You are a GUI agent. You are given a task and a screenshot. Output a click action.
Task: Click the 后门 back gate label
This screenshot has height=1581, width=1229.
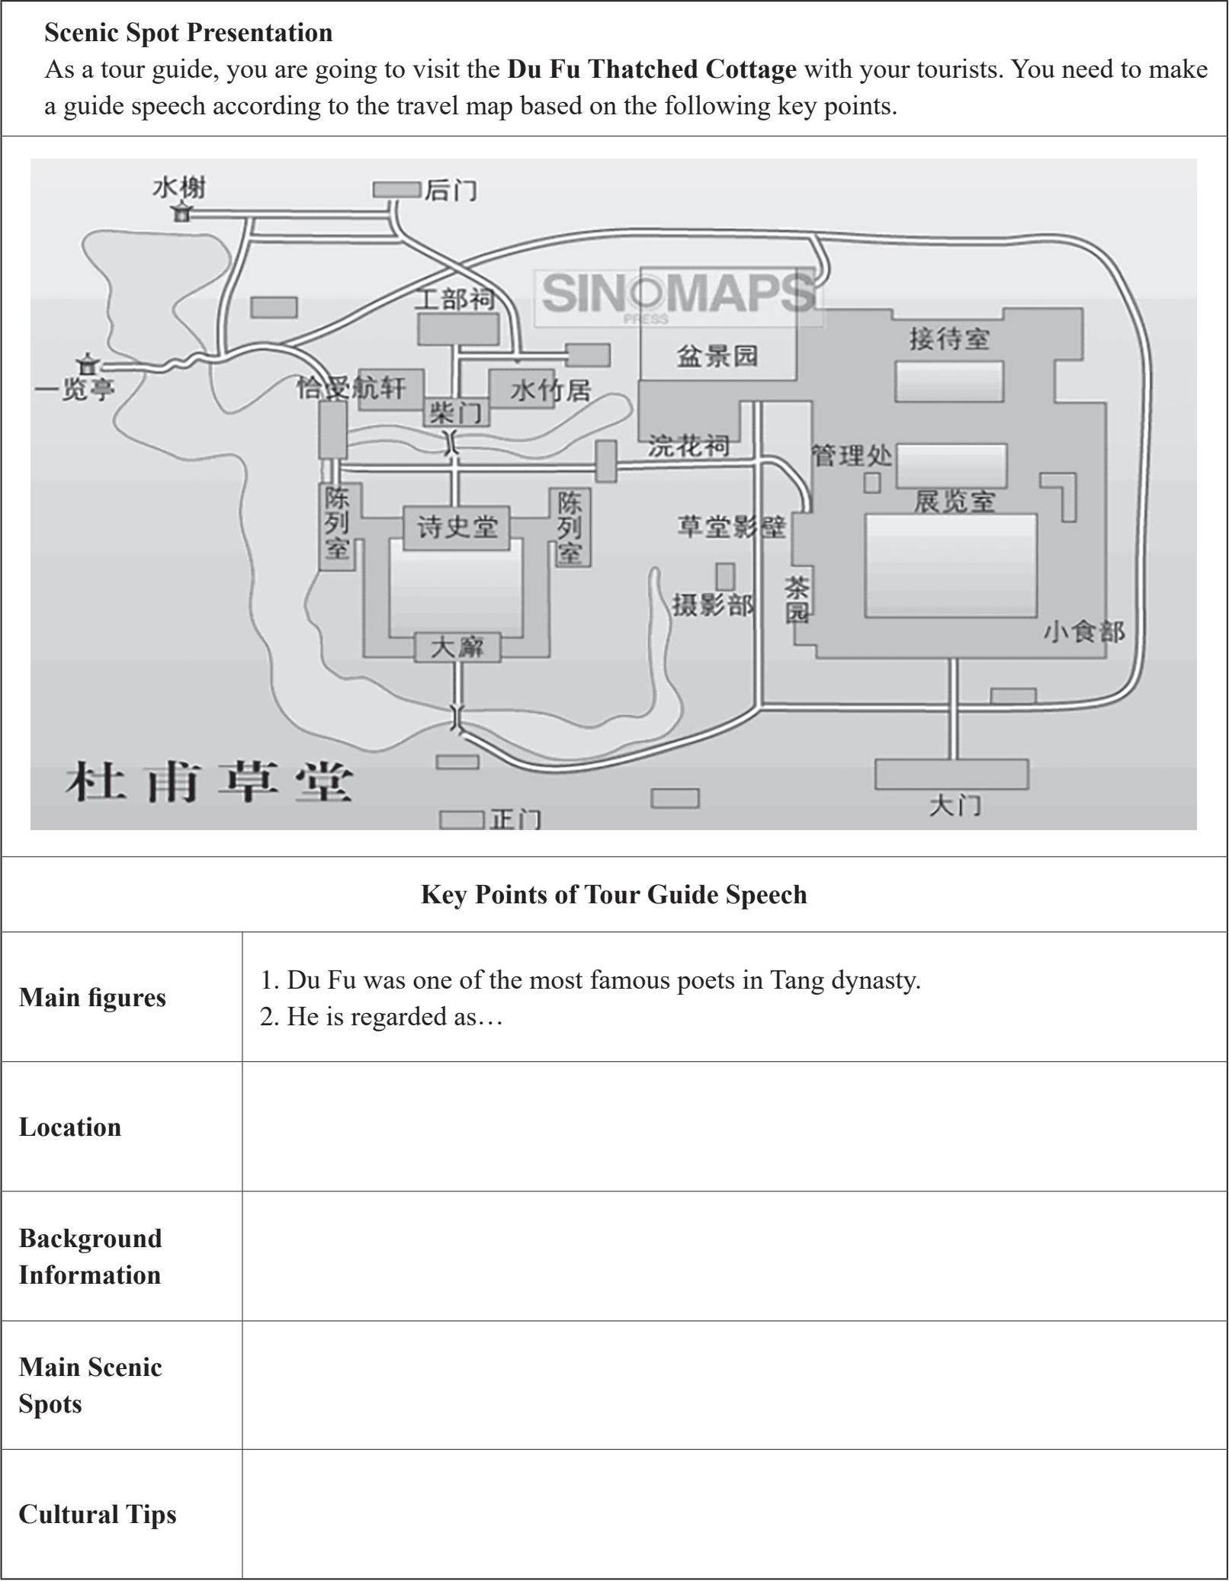[451, 190]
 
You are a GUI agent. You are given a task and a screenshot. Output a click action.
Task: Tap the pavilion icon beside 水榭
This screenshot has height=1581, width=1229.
[181, 213]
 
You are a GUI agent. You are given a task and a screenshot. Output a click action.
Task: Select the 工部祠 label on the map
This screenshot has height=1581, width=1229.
[455, 299]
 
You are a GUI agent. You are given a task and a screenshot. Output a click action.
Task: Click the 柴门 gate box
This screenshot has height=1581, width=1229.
[456, 412]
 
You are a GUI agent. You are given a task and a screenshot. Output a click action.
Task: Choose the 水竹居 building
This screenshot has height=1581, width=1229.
[549, 390]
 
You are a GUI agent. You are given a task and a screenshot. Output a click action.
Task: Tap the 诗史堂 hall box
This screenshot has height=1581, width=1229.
[457, 527]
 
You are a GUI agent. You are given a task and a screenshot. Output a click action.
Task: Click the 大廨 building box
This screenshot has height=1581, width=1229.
[457, 647]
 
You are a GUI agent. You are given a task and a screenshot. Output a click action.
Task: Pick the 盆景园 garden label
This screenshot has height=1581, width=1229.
[717, 355]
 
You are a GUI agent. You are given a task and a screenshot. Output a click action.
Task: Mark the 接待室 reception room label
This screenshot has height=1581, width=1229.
[949, 338]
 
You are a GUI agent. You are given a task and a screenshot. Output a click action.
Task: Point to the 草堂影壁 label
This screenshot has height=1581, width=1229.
[731, 527]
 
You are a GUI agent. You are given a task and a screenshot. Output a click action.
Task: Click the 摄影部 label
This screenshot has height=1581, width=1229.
[713, 605]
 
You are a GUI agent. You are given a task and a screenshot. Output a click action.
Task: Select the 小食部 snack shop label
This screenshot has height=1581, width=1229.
[1083, 632]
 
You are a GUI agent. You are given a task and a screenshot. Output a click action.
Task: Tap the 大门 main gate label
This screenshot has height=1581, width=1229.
[955, 805]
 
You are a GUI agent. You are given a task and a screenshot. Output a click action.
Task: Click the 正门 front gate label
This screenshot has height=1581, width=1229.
[515, 819]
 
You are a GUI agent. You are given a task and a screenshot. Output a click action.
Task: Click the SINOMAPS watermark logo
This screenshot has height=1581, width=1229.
[677, 294]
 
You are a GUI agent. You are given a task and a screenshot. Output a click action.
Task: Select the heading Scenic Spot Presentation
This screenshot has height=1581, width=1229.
[188, 33]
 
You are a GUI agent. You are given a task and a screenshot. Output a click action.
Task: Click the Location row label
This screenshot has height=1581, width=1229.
[70, 1127]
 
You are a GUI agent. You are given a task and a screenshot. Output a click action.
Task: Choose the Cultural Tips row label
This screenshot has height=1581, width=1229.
[98, 1514]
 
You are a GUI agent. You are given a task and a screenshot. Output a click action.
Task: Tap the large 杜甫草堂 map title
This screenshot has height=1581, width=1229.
[209, 783]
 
